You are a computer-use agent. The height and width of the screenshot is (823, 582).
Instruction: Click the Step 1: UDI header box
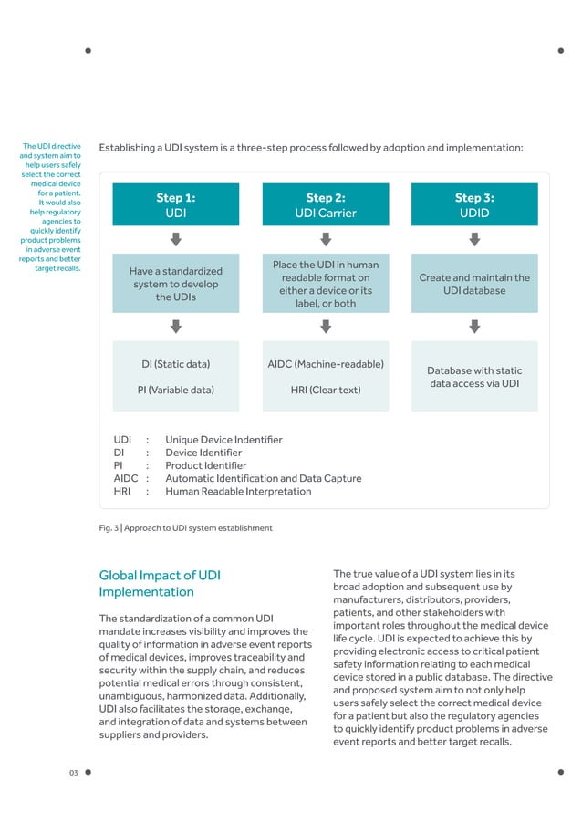pyautogui.click(x=176, y=204)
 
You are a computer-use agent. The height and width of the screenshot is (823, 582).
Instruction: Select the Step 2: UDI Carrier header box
pyautogui.click(x=325, y=204)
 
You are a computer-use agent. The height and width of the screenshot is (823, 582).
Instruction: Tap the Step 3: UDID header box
pyautogui.click(x=473, y=204)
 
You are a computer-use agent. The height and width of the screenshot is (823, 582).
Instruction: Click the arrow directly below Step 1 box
pyautogui.click(x=176, y=238)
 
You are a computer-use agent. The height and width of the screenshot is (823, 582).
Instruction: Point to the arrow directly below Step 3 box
pyautogui.click(x=473, y=238)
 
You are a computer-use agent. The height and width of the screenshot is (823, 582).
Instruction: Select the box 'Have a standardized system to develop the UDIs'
pyautogui.click(x=176, y=284)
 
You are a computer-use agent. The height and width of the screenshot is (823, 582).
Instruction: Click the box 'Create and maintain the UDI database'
pyautogui.click(x=473, y=284)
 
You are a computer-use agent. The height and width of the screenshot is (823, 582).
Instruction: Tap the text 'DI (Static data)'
pyautogui.click(x=176, y=364)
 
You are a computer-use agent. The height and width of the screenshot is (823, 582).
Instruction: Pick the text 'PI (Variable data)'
pyautogui.click(x=176, y=390)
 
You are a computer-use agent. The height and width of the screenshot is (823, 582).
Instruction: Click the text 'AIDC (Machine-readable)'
pyautogui.click(x=325, y=364)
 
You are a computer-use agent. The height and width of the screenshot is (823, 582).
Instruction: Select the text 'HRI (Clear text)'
pyautogui.click(x=325, y=390)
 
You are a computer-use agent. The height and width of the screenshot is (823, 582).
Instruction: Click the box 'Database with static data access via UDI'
pyautogui.click(x=473, y=377)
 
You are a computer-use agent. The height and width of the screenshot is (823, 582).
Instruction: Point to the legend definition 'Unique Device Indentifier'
pyautogui.click(x=223, y=440)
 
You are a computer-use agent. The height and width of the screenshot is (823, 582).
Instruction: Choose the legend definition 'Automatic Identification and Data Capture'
pyautogui.click(x=263, y=478)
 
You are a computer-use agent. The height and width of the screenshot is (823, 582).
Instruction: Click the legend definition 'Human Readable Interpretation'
pyautogui.click(x=238, y=491)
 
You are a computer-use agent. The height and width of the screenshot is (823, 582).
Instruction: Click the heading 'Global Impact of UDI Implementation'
pyautogui.click(x=159, y=583)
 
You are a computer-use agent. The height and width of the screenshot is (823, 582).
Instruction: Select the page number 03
pyautogui.click(x=74, y=774)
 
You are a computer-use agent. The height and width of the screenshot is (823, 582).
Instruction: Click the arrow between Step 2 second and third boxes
pyautogui.click(x=325, y=326)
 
